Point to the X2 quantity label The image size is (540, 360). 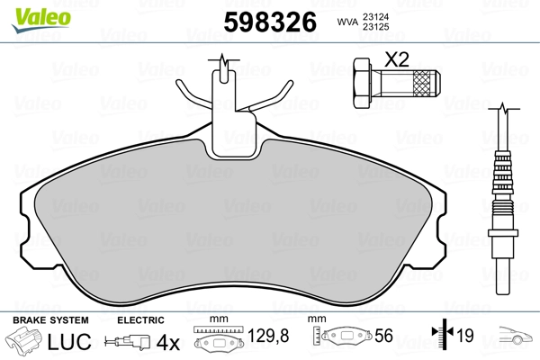tap(397, 60)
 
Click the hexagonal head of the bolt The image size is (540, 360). tap(363, 82)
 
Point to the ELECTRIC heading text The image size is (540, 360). tap(139, 320)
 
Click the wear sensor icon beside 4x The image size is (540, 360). tap(128, 342)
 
